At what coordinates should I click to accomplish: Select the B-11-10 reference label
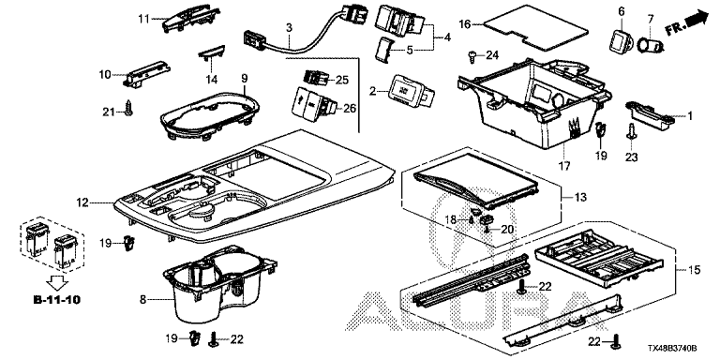click(57, 300)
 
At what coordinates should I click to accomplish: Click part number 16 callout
click(465, 24)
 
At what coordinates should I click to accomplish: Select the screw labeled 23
click(632, 130)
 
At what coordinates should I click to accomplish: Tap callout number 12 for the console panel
click(83, 202)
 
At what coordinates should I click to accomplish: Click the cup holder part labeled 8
click(218, 282)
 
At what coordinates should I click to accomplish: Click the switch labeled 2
click(410, 91)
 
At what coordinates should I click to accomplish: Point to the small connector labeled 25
click(317, 78)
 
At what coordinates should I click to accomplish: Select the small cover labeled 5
click(384, 48)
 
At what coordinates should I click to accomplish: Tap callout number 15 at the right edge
click(695, 270)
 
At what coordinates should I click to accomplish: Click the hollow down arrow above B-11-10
click(58, 282)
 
